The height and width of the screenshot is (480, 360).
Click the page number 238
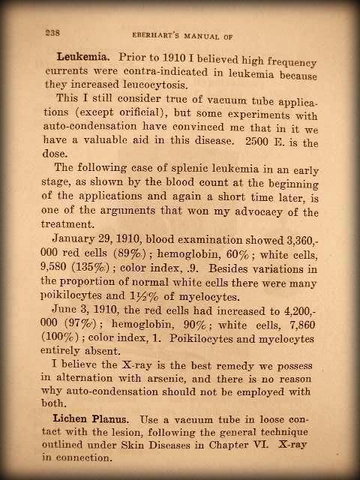click(x=52, y=32)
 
